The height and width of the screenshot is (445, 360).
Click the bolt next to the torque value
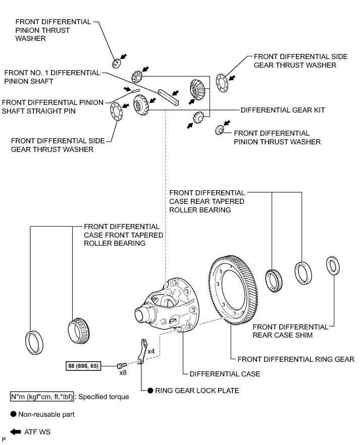(121, 365)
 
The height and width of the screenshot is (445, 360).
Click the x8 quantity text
(123, 373)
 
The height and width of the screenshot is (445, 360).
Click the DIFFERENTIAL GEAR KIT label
(283, 109)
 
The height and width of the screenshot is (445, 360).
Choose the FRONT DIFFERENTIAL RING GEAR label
(296, 359)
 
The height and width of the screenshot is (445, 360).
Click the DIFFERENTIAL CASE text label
(225, 374)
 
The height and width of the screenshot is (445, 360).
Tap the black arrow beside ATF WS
(16, 432)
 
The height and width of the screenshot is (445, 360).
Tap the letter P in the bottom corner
(4, 441)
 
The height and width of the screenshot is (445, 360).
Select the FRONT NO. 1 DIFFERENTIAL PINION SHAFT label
(52, 77)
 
